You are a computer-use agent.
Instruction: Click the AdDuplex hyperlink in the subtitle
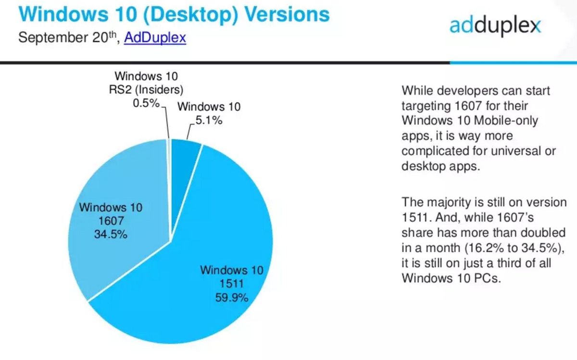tap(155, 37)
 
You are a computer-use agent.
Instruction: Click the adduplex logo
tap(495, 25)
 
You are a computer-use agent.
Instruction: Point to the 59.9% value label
tap(231, 298)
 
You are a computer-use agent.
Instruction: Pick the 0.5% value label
tap(146, 103)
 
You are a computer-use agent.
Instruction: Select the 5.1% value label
tap(208, 121)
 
